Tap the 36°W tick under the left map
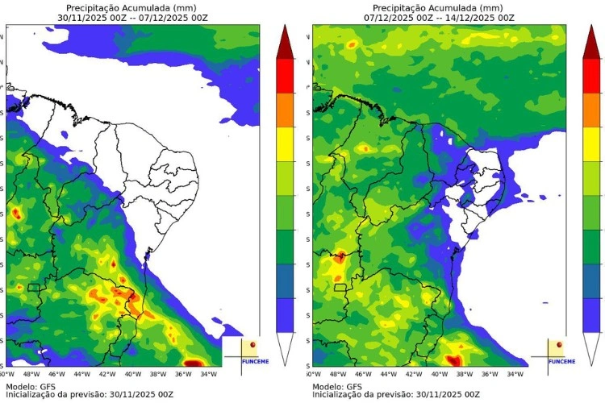coord(183,374)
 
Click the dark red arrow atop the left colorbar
coord(285,42)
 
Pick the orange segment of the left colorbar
coord(285,110)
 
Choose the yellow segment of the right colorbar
coord(591,145)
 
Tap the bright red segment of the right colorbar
coord(591,77)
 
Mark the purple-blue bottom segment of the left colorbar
coord(285,315)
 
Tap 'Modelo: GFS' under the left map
coord(32,386)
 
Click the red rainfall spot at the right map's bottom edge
coord(454,359)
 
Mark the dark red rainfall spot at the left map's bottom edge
coord(194,362)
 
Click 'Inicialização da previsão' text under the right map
coord(363,395)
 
